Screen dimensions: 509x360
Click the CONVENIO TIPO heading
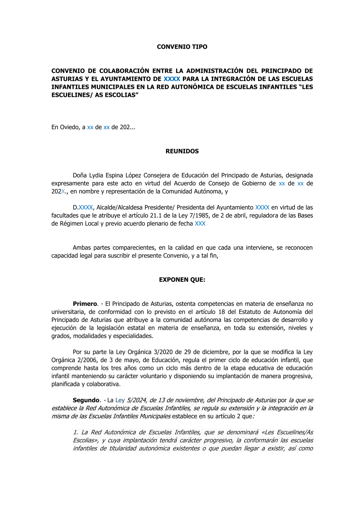coord(182,47)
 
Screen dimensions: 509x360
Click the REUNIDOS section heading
coord(182,151)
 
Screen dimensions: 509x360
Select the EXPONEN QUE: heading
coord(182,280)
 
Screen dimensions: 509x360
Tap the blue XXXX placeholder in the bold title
coord(172,79)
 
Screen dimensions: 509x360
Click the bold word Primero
coord(85,304)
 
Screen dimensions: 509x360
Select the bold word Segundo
coord(86,400)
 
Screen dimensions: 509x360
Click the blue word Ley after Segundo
coord(120,400)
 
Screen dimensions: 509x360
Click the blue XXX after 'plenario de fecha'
coord(200,224)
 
